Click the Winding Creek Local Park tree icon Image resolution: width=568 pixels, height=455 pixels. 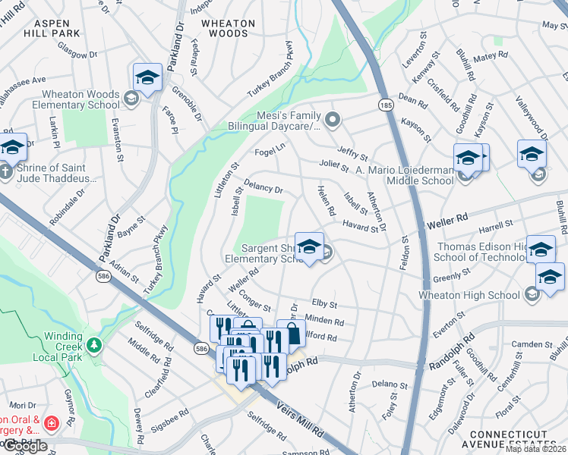[x=93, y=346]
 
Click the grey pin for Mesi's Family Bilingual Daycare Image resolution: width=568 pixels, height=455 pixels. [x=332, y=119]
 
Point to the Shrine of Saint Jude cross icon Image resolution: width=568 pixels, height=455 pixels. [x=5, y=171]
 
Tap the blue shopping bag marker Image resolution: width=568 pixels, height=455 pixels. [x=291, y=334]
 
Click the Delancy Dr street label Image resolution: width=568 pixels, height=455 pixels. [x=263, y=186]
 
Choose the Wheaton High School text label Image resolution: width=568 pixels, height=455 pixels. [x=471, y=294]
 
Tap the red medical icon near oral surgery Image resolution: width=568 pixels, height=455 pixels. [x=51, y=422]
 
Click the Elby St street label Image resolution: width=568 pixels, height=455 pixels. [x=323, y=303]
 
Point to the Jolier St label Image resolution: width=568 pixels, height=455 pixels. [x=334, y=165]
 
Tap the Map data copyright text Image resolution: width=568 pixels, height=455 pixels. [x=535, y=449]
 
